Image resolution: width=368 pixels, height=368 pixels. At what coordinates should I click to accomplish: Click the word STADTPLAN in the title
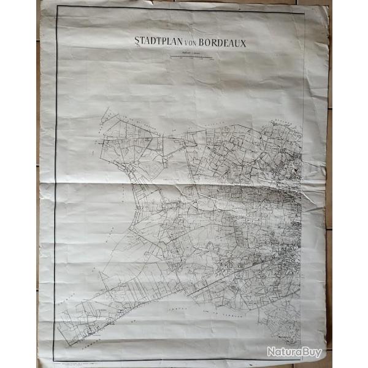(157, 42)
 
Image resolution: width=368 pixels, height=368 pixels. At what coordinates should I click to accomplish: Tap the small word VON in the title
(187, 43)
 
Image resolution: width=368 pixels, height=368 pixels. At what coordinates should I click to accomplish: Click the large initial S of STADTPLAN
(137, 42)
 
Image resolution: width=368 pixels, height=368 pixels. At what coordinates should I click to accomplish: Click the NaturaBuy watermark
(294, 352)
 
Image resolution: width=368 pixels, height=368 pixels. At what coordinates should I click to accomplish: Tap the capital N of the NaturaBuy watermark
(270, 352)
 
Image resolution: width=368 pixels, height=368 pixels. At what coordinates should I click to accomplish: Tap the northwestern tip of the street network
(104, 111)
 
